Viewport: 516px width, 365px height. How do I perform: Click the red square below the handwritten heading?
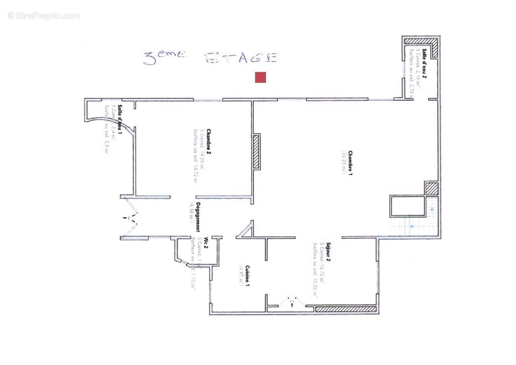point(260,78)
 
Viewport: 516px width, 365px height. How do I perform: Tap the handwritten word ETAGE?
point(241,58)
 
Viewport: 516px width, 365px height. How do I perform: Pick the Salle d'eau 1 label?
point(120,120)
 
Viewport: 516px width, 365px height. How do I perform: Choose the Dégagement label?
point(198,217)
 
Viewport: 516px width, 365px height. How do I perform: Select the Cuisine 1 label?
point(247,275)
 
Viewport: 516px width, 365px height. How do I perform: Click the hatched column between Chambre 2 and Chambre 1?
point(256,151)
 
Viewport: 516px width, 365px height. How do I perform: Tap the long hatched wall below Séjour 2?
point(346,309)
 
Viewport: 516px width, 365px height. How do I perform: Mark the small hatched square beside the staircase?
point(431,188)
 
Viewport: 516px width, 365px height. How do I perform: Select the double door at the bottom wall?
point(291,302)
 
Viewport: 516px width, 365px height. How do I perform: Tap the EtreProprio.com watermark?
point(43,16)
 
